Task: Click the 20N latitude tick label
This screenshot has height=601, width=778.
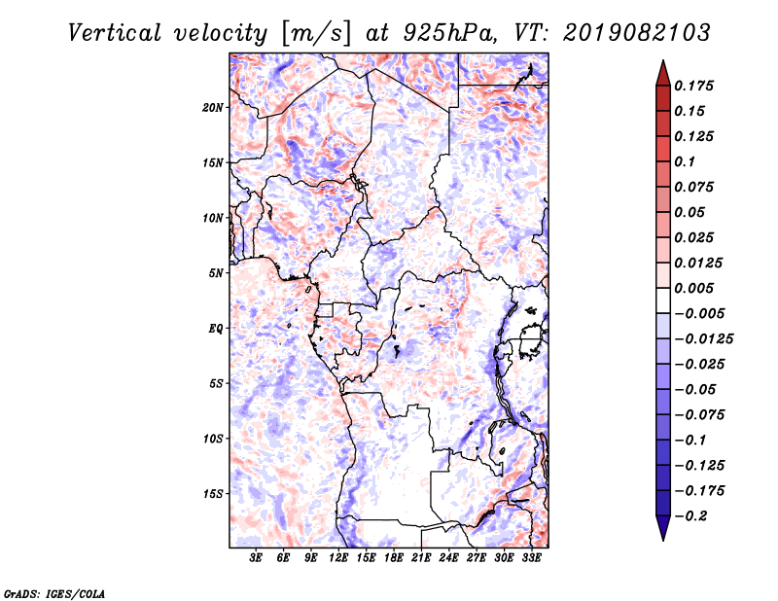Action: tap(213, 108)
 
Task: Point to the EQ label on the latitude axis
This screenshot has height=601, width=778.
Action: tap(215, 329)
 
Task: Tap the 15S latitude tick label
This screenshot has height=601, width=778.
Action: tap(213, 494)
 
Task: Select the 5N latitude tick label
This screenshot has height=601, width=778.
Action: tap(216, 273)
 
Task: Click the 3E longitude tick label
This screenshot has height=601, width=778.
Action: tap(256, 558)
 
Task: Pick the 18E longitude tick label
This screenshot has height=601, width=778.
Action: tap(394, 558)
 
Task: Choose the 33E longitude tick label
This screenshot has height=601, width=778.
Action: tap(531, 558)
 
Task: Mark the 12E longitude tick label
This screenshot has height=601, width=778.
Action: tap(338, 558)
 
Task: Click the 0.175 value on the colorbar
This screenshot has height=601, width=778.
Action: tap(693, 86)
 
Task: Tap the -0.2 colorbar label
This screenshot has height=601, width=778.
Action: tap(690, 516)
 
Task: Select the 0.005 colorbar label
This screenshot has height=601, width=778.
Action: tap(693, 288)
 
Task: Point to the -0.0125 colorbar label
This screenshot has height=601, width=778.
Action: tap(703, 339)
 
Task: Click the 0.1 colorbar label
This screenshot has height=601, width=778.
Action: tap(685, 161)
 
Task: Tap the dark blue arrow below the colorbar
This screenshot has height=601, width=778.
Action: tap(663, 528)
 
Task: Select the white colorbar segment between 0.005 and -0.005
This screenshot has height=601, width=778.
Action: tap(663, 300)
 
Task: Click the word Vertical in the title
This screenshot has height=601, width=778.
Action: tap(115, 33)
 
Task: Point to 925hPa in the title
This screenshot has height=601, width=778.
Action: tap(449, 33)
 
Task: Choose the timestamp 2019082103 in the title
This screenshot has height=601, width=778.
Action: tap(637, 33)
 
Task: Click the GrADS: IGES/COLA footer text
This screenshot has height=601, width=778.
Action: tap(54, 594)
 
